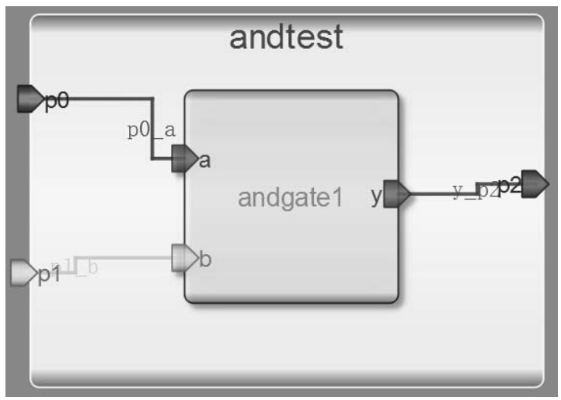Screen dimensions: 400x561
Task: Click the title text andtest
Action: tap(286, 37)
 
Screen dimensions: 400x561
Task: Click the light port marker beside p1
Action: tap(21, 273)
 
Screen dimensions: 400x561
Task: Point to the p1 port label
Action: tap(49, 276)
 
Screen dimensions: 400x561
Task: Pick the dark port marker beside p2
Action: tap(535, 185)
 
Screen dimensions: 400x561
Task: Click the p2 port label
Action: tap(510, 185)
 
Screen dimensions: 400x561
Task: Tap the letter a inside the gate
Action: tap(204, 161)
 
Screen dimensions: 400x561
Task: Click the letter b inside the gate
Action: tap(205, 259)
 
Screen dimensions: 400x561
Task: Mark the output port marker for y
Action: tap(398, 194)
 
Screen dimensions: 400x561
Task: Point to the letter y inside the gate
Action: tap(376, 197)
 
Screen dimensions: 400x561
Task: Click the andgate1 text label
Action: tap(290, 199)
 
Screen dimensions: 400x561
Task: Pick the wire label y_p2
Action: tap(476, 190)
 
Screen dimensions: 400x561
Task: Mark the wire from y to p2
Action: tap(439, 193)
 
